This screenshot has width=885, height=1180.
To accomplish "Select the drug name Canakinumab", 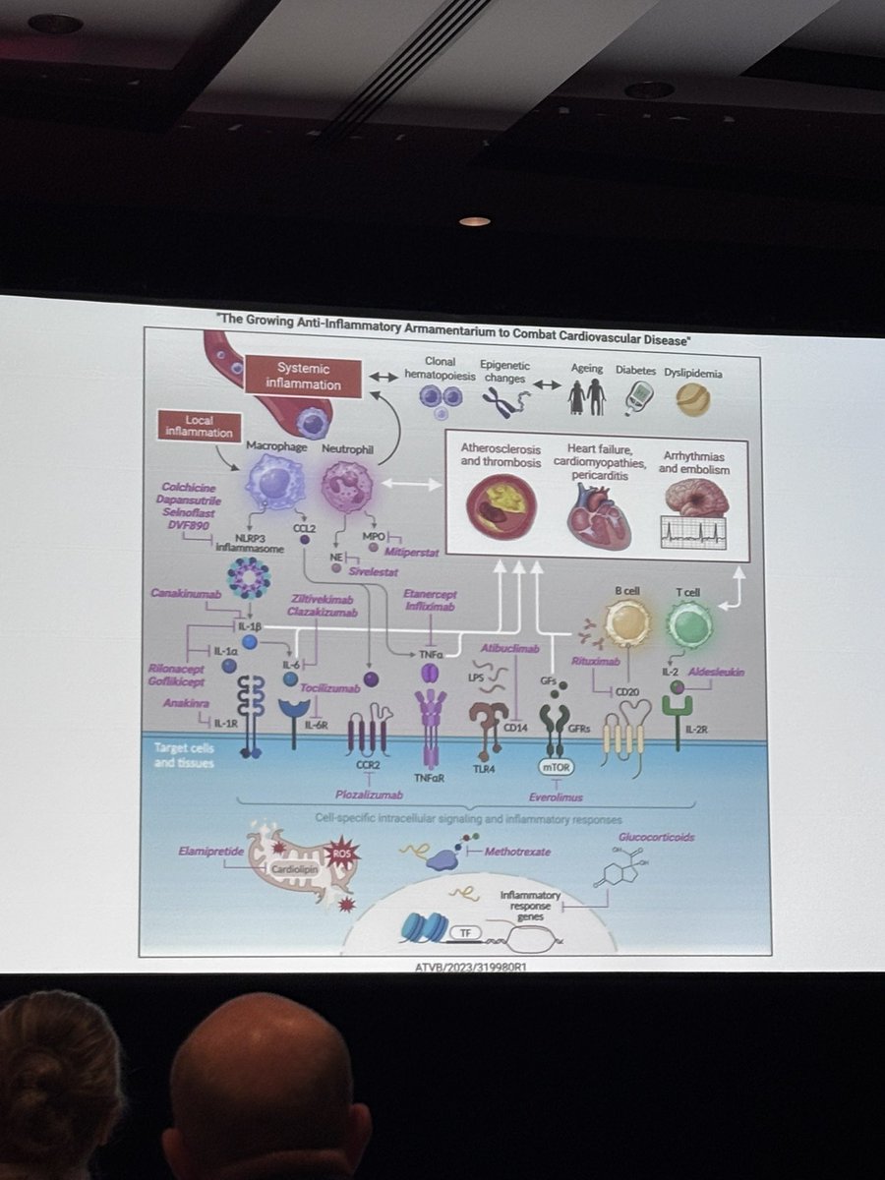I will (182, 594).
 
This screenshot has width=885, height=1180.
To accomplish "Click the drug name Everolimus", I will (556, 797).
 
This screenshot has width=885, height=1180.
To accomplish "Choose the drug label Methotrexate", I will (517, 851).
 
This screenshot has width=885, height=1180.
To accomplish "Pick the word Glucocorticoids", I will (656, 838).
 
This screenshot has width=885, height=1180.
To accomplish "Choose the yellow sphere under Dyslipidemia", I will (693, 398).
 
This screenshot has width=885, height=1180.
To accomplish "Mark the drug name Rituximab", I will (594, 662).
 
